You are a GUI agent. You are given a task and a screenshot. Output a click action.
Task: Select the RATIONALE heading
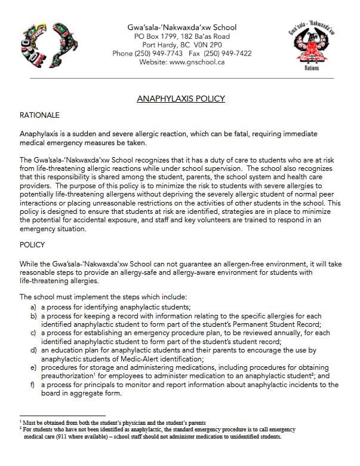click(39, 115)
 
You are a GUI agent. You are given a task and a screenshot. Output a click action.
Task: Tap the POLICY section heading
click(33, 244)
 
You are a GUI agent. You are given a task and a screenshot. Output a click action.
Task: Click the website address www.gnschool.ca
click(199, 62)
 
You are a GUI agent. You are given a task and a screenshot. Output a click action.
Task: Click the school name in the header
click(182, 27)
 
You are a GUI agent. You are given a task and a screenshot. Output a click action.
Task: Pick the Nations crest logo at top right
click(311, 48)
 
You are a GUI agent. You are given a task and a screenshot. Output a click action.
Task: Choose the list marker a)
click(34, 306)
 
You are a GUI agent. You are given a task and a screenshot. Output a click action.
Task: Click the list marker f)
click(34, 385)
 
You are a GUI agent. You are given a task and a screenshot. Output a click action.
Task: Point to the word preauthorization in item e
click(70, 377)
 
